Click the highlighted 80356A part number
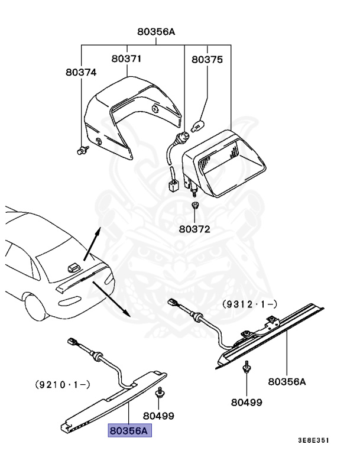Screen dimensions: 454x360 [129, 431]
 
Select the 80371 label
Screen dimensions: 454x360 [127, 59]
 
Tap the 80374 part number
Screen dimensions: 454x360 [80, 72]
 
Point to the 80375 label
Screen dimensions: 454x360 [207, 59]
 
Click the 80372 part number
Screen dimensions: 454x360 [194, 228]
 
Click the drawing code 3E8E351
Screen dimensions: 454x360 [313, 440]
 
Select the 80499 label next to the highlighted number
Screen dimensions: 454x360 [159, 416]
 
